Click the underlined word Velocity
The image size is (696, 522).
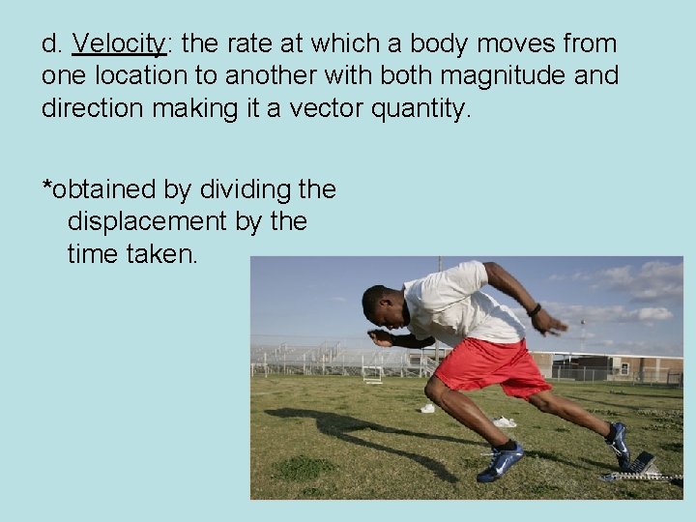pos(120,44)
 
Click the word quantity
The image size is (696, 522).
pos(421,108)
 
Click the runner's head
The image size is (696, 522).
pos(383,304)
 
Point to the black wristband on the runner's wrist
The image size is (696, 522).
pos(534,310)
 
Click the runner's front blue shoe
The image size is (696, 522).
pos(501,462)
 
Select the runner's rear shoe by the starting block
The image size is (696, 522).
pos(618,445)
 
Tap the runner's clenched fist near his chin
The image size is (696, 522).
pos(379,337)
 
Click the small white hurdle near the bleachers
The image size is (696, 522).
pos(372,375)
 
